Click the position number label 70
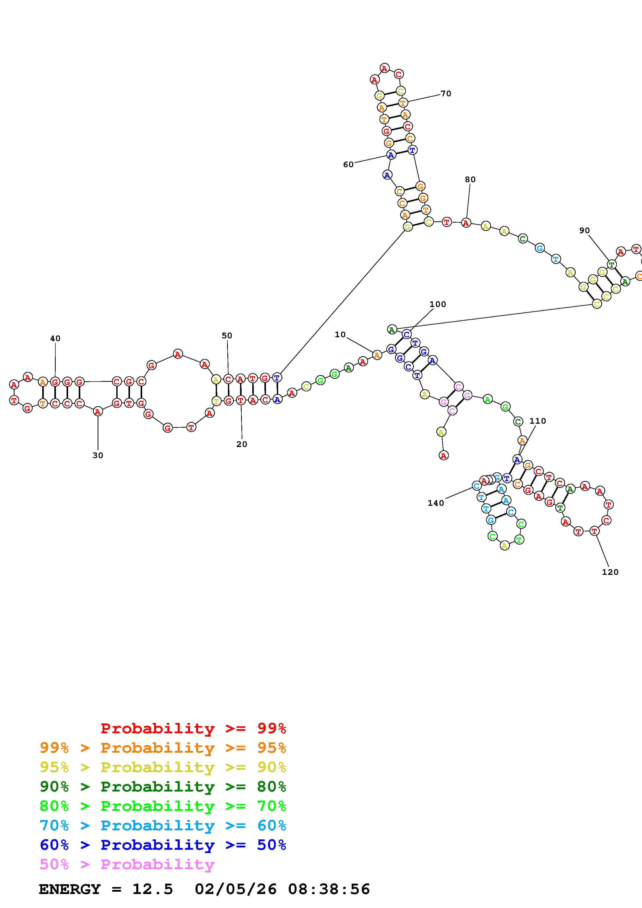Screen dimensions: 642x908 point(446,94)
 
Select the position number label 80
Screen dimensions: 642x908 point(470,180)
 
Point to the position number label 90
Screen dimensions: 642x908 point(584,231)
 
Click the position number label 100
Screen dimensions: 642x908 point(437,304)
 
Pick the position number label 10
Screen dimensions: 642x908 point(340,335)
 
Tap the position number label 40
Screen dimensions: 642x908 point(55,339)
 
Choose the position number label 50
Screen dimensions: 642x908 point(227,336)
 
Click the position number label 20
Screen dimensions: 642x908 point(242,444)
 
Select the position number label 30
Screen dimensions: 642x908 point(98,456)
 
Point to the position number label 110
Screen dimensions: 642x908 point(538,421)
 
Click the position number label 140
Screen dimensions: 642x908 point(436,503)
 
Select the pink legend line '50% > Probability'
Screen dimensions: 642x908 point(127,865)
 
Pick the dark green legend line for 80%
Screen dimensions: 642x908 point(163,787)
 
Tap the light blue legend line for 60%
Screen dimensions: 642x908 point(163,826)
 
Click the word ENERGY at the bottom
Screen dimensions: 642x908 point(70,889)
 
